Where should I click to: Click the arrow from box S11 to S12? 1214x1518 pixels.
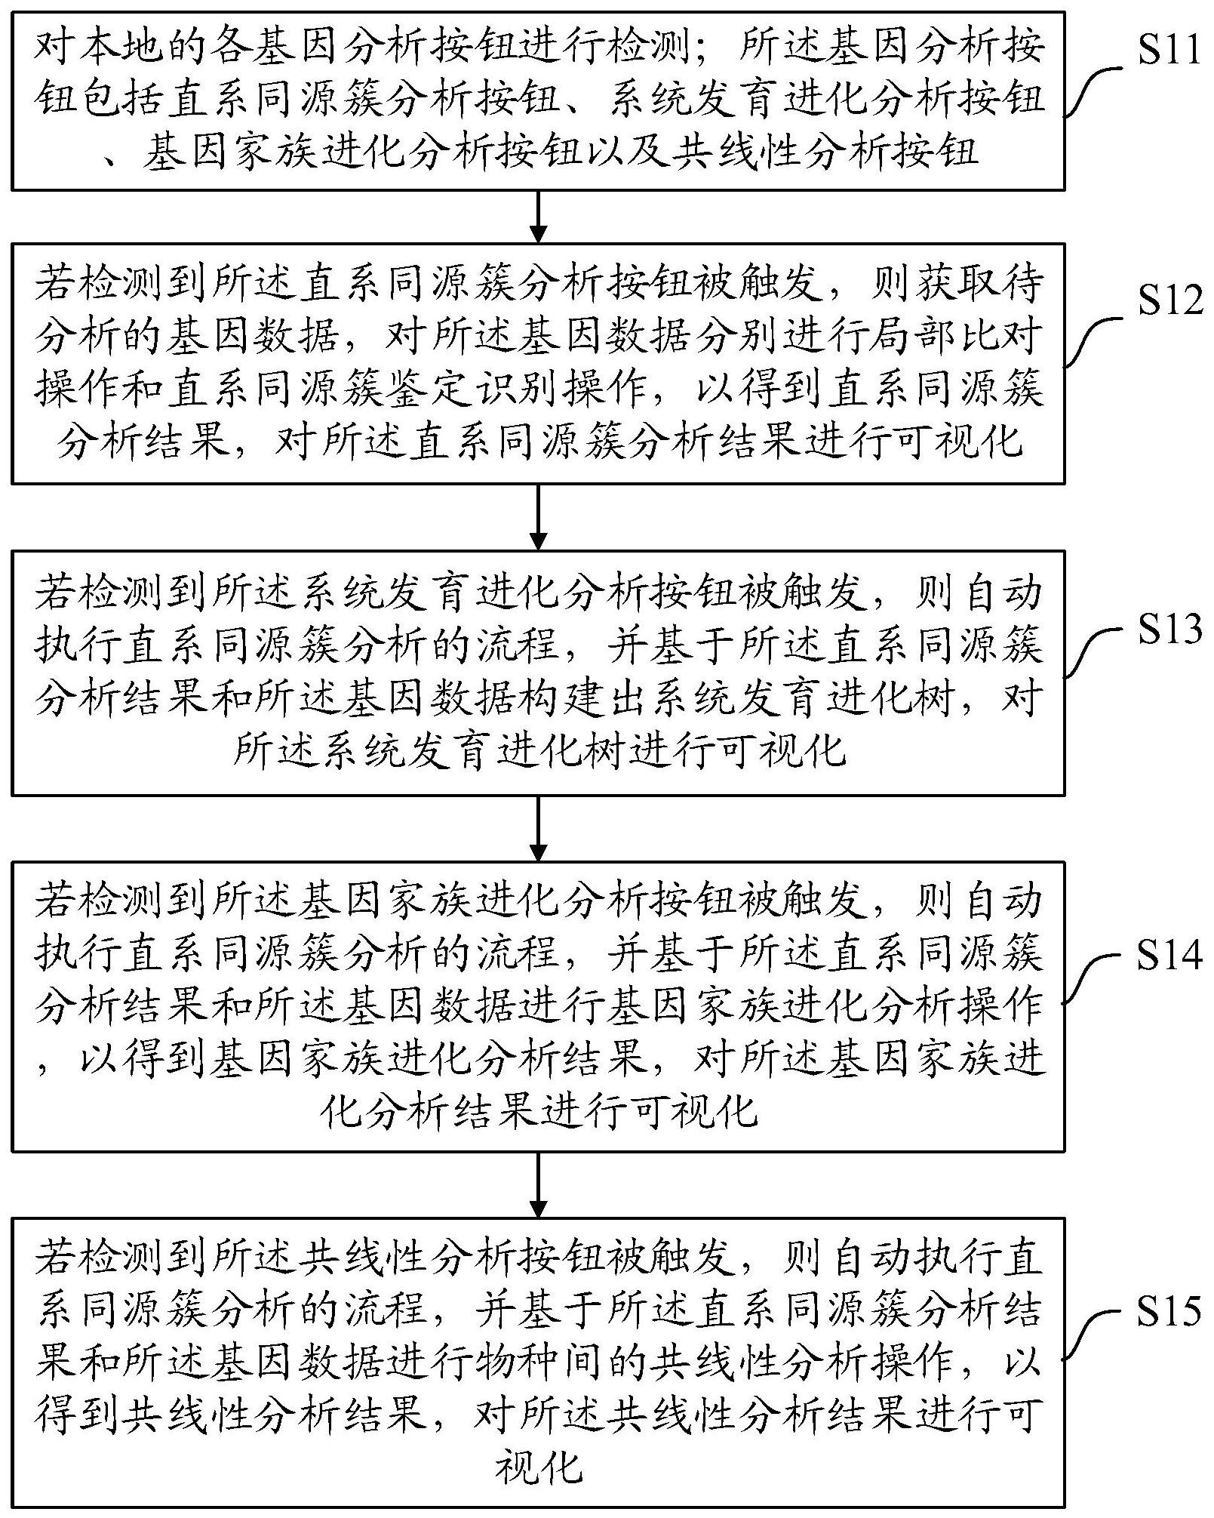point(538,216)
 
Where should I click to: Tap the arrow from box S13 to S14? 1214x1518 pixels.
point(538,828)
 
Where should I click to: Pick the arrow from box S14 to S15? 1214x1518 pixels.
point(538,1184)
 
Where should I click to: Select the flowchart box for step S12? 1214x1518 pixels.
point(538,363)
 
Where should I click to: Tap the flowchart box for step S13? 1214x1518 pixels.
point(538,672)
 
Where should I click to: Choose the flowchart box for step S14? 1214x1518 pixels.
point(538,1005)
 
